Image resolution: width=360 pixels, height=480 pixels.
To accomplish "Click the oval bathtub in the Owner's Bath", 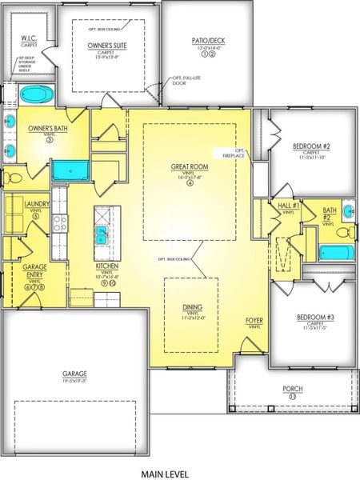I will [x=34, y=94].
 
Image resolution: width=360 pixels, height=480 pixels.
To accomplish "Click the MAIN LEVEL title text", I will [x=179, y=474].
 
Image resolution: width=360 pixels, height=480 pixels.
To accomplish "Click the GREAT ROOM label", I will [x=189, y=167].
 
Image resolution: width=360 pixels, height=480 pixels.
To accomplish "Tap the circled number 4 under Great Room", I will [x=190, y=183].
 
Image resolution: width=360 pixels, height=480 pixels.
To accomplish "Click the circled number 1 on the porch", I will [x=293, y=396].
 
